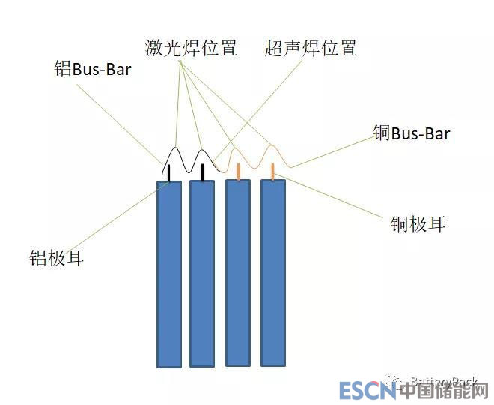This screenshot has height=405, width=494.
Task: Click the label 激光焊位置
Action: coord(191,49)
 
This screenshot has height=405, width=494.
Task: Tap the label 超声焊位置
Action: coord(311,49)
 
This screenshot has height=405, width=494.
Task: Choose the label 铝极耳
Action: coord(55,259)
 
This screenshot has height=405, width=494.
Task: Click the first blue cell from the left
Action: coord(169,274)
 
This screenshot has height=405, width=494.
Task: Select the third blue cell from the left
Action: coord(238,272)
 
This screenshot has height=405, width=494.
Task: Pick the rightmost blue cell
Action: coord(273,272)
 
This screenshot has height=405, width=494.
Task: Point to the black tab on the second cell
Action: coord(202,172)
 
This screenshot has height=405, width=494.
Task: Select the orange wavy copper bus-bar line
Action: coord(254,158)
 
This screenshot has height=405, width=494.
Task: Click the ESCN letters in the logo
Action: coord(366,391)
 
